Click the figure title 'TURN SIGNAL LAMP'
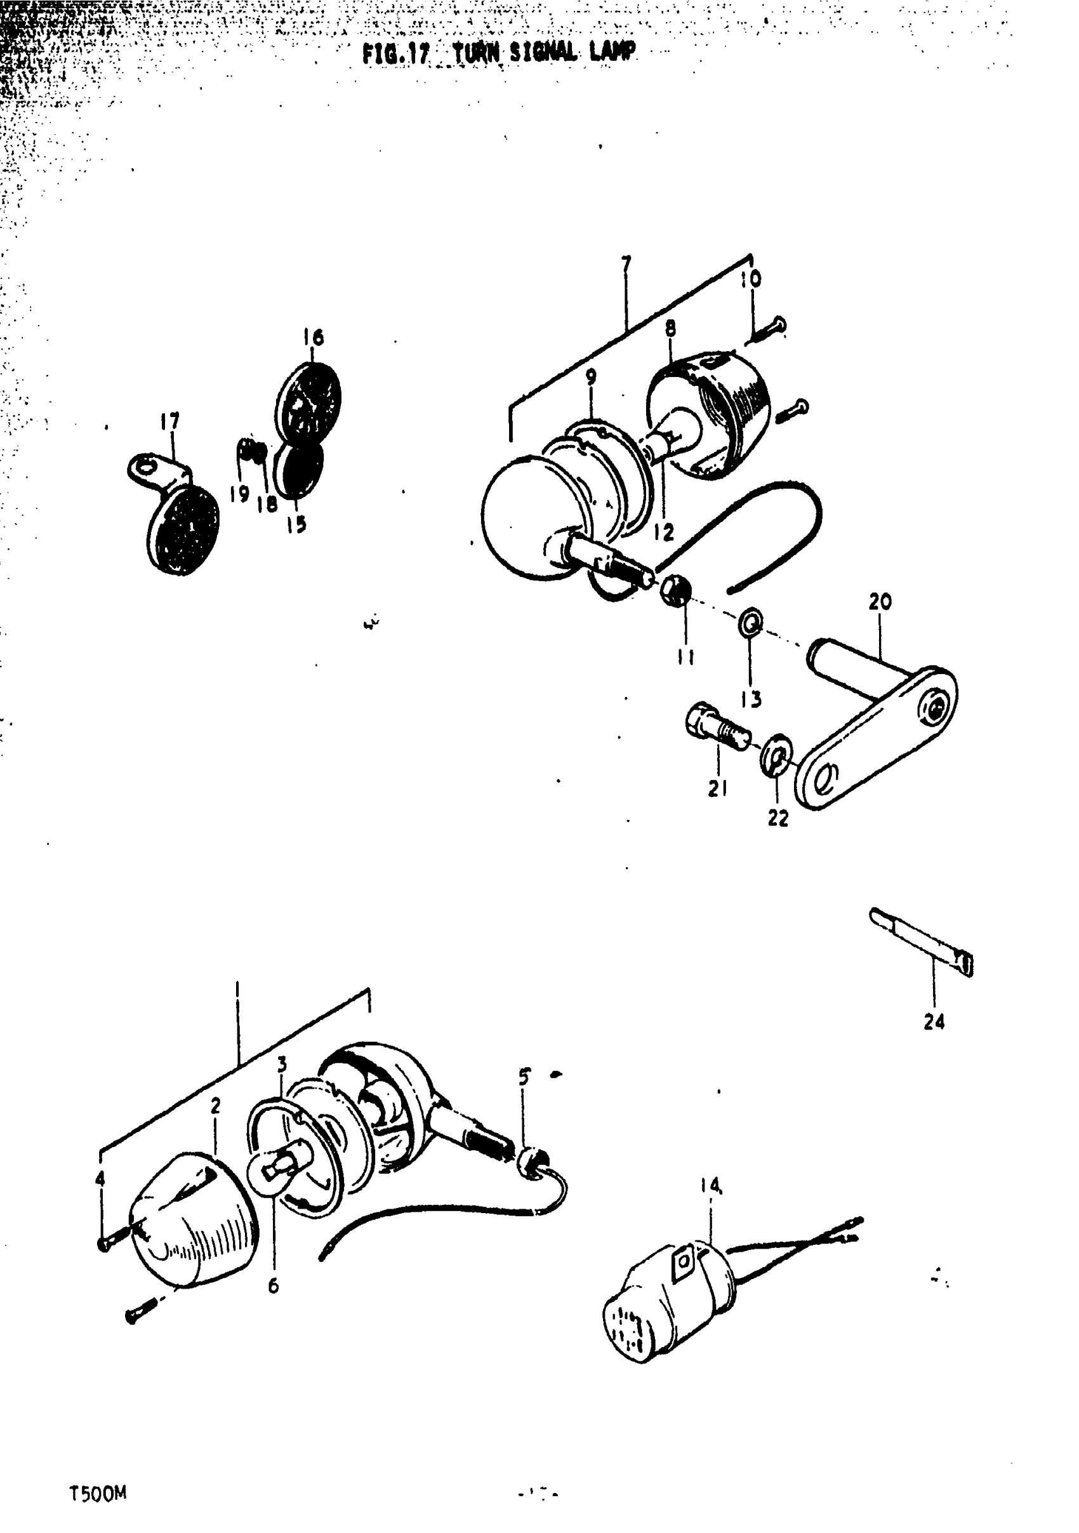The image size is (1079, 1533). coord(544,52)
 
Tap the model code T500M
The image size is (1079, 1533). coord(98,1494)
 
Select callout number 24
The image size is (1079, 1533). coord(934,1021)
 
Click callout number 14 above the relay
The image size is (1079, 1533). coord(711,1186)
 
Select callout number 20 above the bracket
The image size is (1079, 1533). coord(880,602)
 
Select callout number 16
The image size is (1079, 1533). coord(313,337)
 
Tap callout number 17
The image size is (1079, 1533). coord(170,421)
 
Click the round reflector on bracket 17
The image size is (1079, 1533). coord(182,531)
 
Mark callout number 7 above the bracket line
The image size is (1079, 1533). coord(626,265)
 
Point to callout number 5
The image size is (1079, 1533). coord(524,1077)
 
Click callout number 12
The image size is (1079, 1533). coord(664,532)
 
